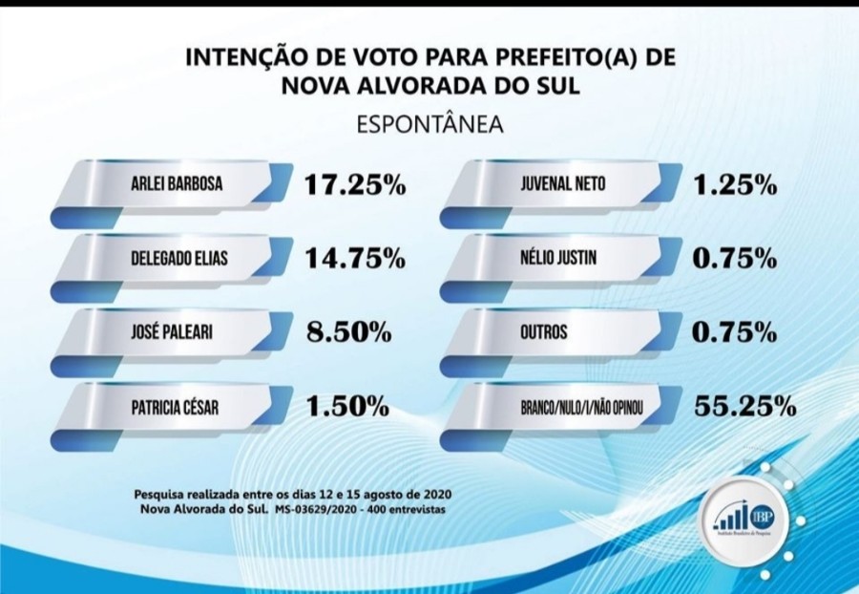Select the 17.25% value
[x=355, y=184]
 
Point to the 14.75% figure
[x=355, y=259]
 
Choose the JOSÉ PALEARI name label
[x=169, y=333]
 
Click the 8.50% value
[x=348, y=333]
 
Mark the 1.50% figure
[x=348, y=408]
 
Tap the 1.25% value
[x=735, y=184]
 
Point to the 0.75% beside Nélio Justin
[x=735, y=259]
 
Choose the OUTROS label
[x=545, y=333]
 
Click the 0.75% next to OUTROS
[x=735, y=333]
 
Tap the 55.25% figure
[x=744, y=408]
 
